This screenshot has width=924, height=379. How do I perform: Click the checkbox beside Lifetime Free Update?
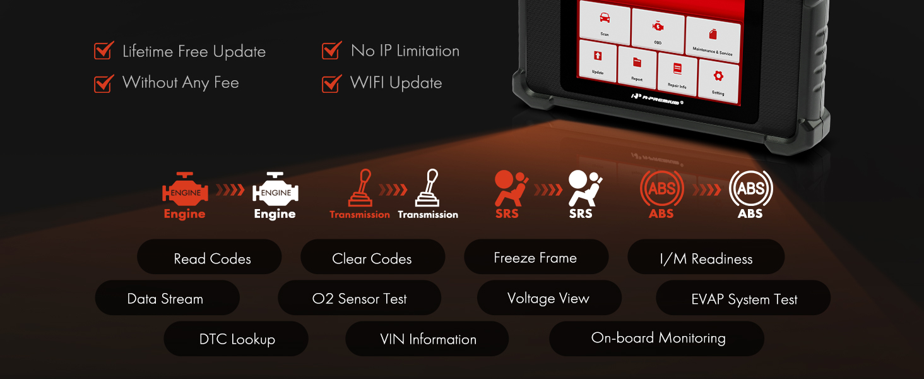coord(104,51)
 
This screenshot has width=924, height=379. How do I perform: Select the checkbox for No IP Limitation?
coord(331,51)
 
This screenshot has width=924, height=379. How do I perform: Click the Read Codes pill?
coord(210,257)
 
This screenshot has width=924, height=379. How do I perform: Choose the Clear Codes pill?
coord(373,257)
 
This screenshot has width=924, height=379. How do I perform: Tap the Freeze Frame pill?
coord(536,257)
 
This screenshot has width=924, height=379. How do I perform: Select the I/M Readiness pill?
coord(706,257)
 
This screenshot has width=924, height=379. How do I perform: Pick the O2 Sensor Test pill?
coord(359,298)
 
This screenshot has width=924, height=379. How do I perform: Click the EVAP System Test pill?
coord(743,298)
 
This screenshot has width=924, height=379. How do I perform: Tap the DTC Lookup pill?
coord(236,339)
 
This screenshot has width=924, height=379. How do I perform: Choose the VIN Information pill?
coord(427,339)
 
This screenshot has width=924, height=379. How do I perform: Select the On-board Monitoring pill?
coord(656,339)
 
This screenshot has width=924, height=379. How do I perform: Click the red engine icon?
coord(185,189)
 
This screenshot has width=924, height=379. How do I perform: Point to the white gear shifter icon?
coord(427,188)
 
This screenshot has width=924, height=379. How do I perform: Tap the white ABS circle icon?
coord(751,188)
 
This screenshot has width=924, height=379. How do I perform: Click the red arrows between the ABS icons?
coord(707,190)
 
